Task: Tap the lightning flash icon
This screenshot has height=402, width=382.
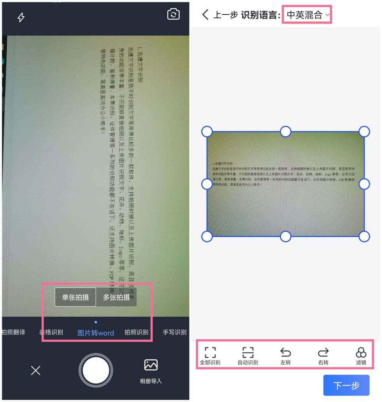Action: coord(21,17)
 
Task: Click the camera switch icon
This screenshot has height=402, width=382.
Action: coord(173,14)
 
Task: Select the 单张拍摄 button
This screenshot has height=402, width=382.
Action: coord(75,297)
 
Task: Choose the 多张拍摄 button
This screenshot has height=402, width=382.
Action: coord(117,297)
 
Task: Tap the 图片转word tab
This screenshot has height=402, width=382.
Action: coord(95,333)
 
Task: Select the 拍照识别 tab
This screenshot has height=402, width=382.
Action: coord(136,332)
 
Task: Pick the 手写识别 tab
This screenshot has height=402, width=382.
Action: coord(174,332)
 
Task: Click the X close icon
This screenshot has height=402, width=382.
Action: coord(36,370)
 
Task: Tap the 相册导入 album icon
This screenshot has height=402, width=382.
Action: coord(151,365)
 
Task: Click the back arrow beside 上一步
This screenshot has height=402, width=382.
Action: coord(205,15)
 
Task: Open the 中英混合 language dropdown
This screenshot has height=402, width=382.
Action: coord(307,15)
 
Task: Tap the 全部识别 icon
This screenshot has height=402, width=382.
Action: coord(210,353)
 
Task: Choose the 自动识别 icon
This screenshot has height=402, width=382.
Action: coord(248,353)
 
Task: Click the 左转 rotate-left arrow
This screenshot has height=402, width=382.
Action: coord(286,352)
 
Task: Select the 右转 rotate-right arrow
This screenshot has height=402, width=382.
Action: coord(323,352)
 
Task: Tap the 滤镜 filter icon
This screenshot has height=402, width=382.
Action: coord(361,353)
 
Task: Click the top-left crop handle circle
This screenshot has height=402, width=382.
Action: coord(207,131)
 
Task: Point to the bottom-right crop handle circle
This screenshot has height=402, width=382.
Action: coord(364,236)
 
